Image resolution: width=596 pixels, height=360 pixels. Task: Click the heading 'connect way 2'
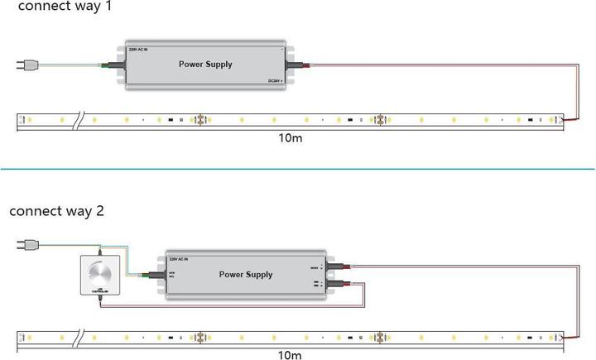pos(56,211)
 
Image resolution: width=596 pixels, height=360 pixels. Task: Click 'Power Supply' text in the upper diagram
pos(205,64)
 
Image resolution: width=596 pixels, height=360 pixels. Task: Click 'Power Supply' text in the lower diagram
pos(246,274)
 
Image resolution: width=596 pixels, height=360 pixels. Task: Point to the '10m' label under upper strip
pos(290,137)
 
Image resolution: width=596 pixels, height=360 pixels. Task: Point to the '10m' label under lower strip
pos(290,356)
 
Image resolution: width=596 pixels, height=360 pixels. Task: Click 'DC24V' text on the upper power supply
pos(274,80)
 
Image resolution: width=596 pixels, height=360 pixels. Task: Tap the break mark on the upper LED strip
pos(77,121)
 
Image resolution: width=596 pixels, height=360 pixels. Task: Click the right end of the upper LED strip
pos(563,121)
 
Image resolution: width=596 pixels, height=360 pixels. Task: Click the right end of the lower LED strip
pos(563,338)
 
